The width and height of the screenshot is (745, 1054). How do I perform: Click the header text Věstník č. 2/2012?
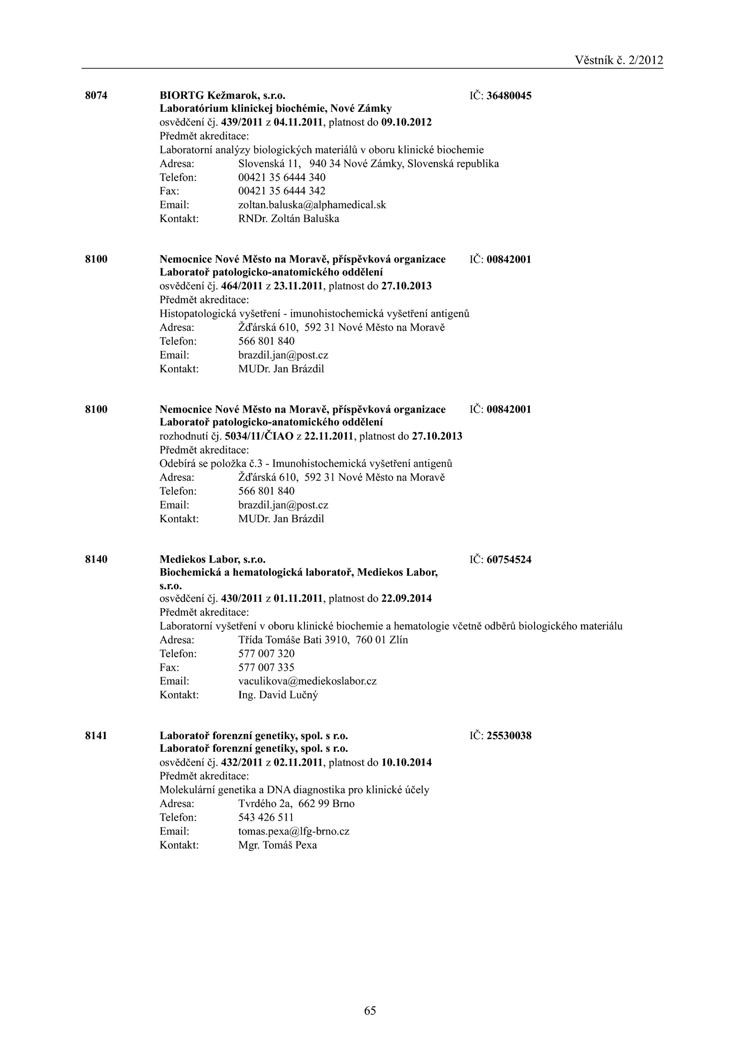(618, 60)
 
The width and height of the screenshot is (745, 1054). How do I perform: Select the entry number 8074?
(96, 96)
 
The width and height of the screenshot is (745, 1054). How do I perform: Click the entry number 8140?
(96, 559)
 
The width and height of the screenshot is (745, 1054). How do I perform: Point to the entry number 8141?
(96, 736)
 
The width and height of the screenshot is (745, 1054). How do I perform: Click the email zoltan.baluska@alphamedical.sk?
(312, 205)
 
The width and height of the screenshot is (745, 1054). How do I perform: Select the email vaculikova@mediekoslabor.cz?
(307, 681)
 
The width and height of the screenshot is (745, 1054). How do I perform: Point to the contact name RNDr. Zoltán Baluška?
(289, 219)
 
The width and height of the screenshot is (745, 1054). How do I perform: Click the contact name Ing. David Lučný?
(278, 695)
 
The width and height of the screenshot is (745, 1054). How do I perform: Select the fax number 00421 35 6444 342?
(282, 191)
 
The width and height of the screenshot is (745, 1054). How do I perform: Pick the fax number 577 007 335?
(266, 667)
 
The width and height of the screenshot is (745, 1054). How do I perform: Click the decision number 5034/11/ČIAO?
(259, 437)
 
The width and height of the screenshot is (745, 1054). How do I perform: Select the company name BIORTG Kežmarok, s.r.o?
(223, 96)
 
